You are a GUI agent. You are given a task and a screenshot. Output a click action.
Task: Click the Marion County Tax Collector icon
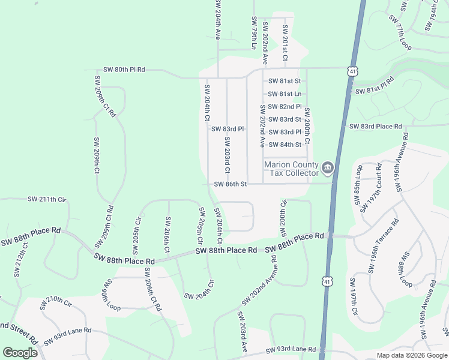pos(327,168)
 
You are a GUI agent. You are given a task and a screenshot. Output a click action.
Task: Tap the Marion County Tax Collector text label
pos(292,169)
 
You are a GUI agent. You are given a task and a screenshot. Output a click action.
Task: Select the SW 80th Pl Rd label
pos(124,70)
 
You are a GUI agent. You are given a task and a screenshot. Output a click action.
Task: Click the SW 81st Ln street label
pos(285,94)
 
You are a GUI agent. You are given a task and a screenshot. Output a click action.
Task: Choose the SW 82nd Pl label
pos(285,106)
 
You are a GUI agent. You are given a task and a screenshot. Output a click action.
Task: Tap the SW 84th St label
pos(285,145)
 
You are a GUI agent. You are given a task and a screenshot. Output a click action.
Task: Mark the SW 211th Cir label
pos(46,199)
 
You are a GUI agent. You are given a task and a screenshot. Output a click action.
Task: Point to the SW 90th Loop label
pos(112,295)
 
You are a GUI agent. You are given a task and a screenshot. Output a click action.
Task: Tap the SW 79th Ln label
pos(255,33)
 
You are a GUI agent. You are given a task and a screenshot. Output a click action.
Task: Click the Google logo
pos(20,353)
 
